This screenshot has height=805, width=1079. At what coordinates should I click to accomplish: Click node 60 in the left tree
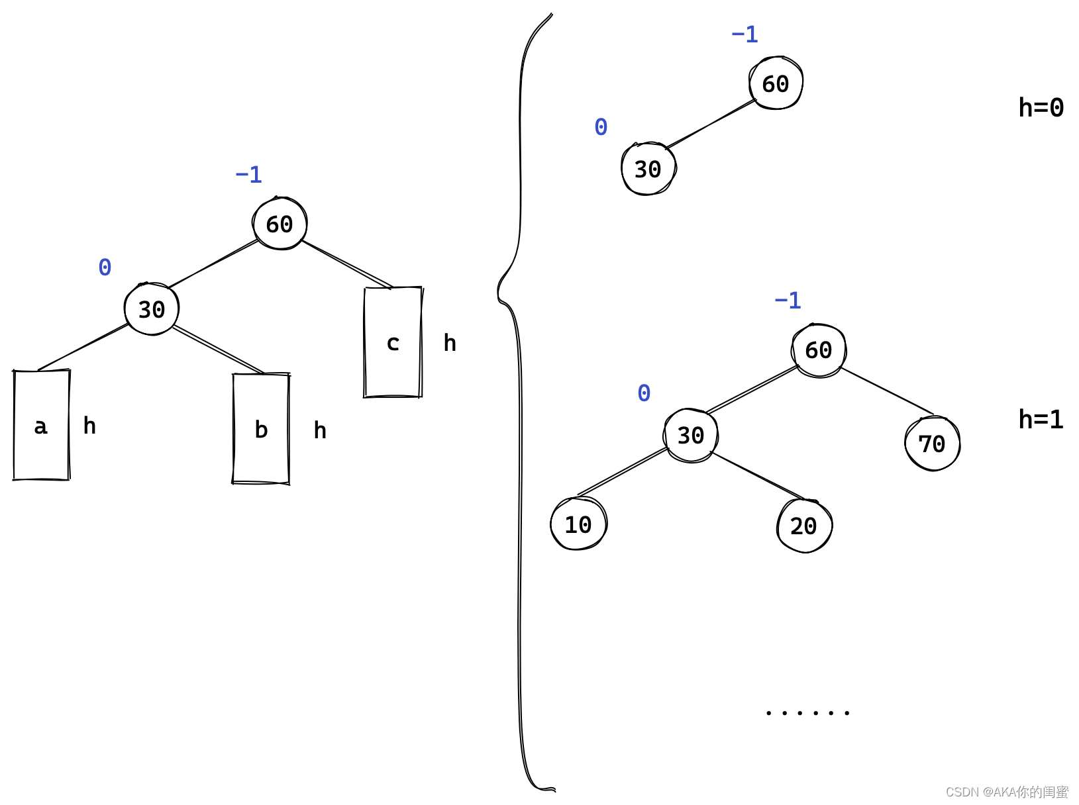pos(280,224)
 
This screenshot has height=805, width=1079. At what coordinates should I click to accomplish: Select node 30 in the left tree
pos(152,309)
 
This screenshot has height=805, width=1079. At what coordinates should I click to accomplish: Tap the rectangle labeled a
pos(41,425)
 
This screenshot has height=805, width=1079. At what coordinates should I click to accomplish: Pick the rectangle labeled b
pos(261,429)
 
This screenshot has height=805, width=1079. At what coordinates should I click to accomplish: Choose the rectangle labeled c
pos(393,342)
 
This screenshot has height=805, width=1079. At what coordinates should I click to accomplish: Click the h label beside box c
pos(450,343)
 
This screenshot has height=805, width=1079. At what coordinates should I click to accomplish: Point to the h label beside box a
pos(89,426)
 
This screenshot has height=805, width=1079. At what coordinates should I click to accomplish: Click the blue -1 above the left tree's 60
pos(249,175)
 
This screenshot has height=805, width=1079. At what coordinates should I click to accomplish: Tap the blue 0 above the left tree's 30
pos(105,267)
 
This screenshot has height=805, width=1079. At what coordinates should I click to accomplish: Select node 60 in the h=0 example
pos(776,83)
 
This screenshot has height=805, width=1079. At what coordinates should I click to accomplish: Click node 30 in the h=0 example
pos(648,169)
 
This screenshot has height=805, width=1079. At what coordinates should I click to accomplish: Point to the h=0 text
pos(1041,107)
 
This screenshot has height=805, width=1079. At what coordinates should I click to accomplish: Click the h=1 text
pos(1041,419)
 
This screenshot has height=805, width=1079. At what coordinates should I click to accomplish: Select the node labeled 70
pos(932,444)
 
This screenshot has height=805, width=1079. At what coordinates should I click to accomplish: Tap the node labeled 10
pos(578,524)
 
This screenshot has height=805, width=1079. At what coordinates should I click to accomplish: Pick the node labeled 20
pos(803,526)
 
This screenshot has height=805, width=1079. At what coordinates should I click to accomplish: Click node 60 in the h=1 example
pos(819,350)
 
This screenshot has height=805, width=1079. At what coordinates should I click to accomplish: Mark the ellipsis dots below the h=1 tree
pos(807,713)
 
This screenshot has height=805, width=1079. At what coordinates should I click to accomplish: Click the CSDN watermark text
pos(1007,792)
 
